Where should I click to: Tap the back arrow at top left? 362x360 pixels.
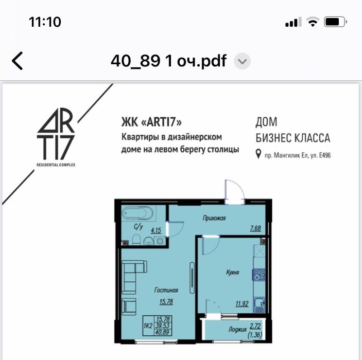[18, 61]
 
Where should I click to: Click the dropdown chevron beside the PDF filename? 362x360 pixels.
[242, 62]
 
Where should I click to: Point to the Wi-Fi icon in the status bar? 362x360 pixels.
[312, 22]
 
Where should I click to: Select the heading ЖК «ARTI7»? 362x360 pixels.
[151, 122]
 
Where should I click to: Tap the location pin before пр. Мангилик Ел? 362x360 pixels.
[258, 154]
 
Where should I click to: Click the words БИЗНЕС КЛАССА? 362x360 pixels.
[292, 138]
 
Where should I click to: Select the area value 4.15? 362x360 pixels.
[157, 231]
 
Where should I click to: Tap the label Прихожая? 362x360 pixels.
[215, 218]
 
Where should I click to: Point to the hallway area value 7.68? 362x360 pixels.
[256, 229]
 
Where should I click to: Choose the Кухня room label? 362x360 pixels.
[232, 273]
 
